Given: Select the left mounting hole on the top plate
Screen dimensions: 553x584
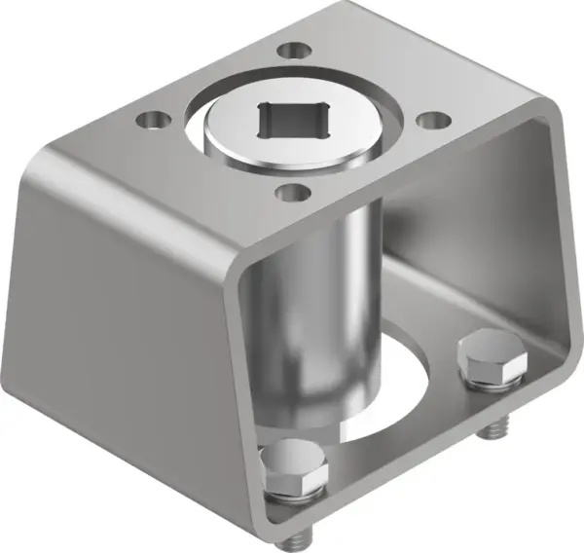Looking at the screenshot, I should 152,121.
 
